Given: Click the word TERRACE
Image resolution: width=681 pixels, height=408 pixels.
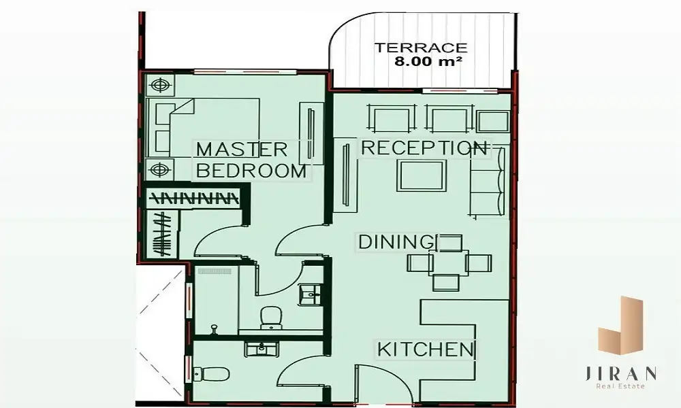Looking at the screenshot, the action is tap(420, 48).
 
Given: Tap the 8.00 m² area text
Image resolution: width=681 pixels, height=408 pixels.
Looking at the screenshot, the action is tap(428, 61).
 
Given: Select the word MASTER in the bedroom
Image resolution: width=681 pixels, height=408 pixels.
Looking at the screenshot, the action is tap(242, 150).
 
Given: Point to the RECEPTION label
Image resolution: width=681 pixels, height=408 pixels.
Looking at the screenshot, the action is tap(424, 148).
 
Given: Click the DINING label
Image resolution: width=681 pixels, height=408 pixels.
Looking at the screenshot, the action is tap(396, 242).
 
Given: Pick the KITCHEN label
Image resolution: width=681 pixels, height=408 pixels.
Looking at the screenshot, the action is tap(426, 350).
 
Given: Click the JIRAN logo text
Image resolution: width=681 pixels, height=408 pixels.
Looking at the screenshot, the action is tap(620, 373).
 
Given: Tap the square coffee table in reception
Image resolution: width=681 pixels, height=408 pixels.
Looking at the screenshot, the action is tap(422, 175).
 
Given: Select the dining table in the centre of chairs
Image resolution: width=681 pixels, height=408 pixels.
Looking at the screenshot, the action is tap(449, 262).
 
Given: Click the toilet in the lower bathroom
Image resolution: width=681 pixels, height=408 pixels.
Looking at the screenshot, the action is tap(211, 373).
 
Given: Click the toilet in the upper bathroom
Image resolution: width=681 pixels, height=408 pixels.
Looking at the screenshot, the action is tap(272, 318).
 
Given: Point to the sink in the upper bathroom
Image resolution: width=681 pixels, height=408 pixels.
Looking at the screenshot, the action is tap(311, 295).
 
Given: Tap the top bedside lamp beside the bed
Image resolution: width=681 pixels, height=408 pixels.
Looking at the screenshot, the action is tap(160, 85).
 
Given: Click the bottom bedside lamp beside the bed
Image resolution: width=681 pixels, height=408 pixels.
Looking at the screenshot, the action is tap(160, 169).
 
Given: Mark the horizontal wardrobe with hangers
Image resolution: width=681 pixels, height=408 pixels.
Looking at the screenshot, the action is tap(193, 199).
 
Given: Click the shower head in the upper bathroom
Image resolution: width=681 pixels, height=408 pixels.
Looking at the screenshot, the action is tap(214, 329).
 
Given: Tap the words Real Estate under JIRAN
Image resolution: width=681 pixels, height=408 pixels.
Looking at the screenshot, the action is tap(620, 386).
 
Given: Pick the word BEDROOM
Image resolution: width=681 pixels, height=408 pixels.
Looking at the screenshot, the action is tap(251, 171).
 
